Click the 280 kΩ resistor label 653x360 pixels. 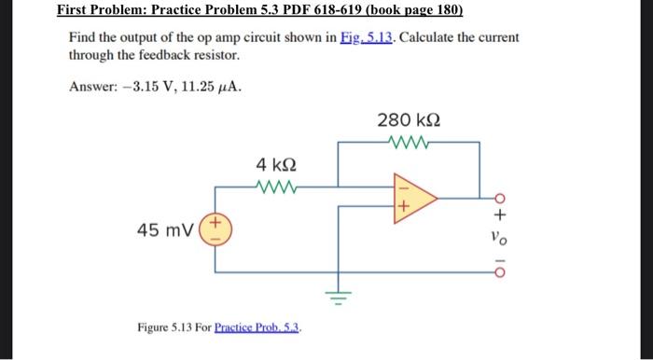[409, 121]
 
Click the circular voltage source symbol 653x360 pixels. [215, 229]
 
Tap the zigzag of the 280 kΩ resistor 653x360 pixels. [409, 143]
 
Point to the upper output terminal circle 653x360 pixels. [499, 199]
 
